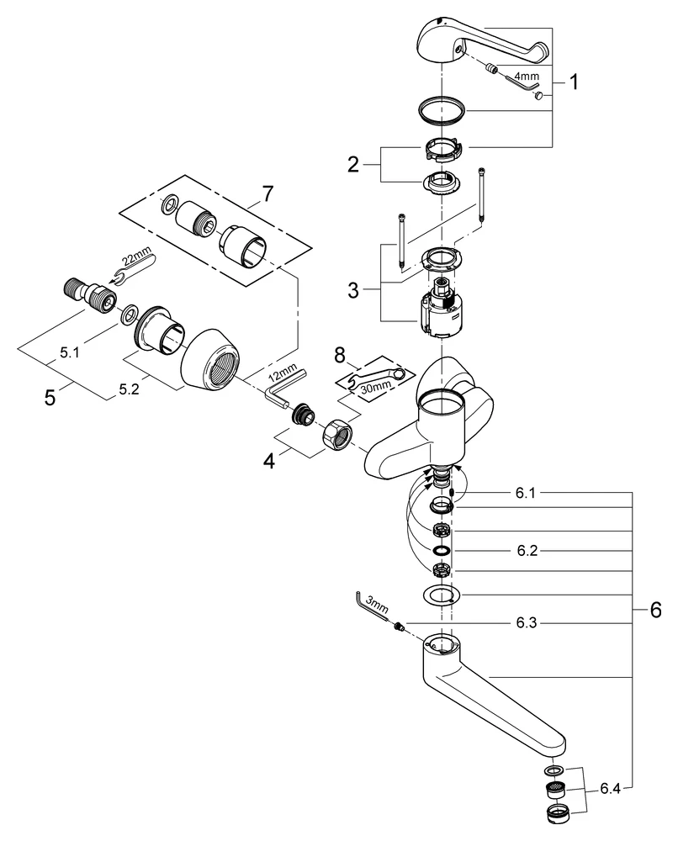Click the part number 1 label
(x=575, y=82)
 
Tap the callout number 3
(x=354, y=290)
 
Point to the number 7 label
(x=267, y=193)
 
